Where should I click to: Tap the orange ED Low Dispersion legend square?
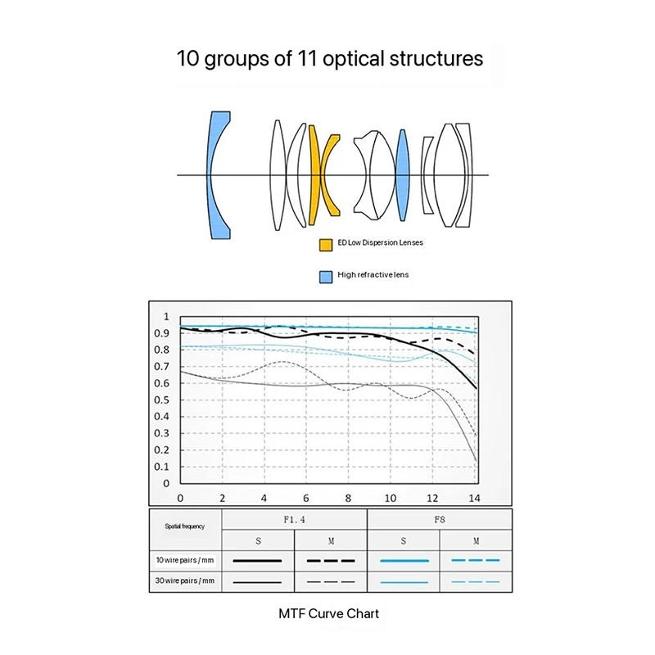tap(324, 244)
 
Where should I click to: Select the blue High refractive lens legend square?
tap(324, 276)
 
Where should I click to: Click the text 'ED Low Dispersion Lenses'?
tap(380, 244)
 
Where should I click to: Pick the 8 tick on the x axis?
tap(349, 498)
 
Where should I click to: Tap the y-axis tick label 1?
tap(166, 316)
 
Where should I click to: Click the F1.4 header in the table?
tap(293, 519)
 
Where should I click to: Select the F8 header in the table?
tap(439, 519)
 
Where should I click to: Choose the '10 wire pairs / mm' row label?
tap(185, 560)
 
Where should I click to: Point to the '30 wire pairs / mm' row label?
tap(185, 580)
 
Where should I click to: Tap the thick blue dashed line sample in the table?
tap(475, 561)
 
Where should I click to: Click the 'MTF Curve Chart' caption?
tap(329, 612)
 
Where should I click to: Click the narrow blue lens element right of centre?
tap(401, 175)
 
